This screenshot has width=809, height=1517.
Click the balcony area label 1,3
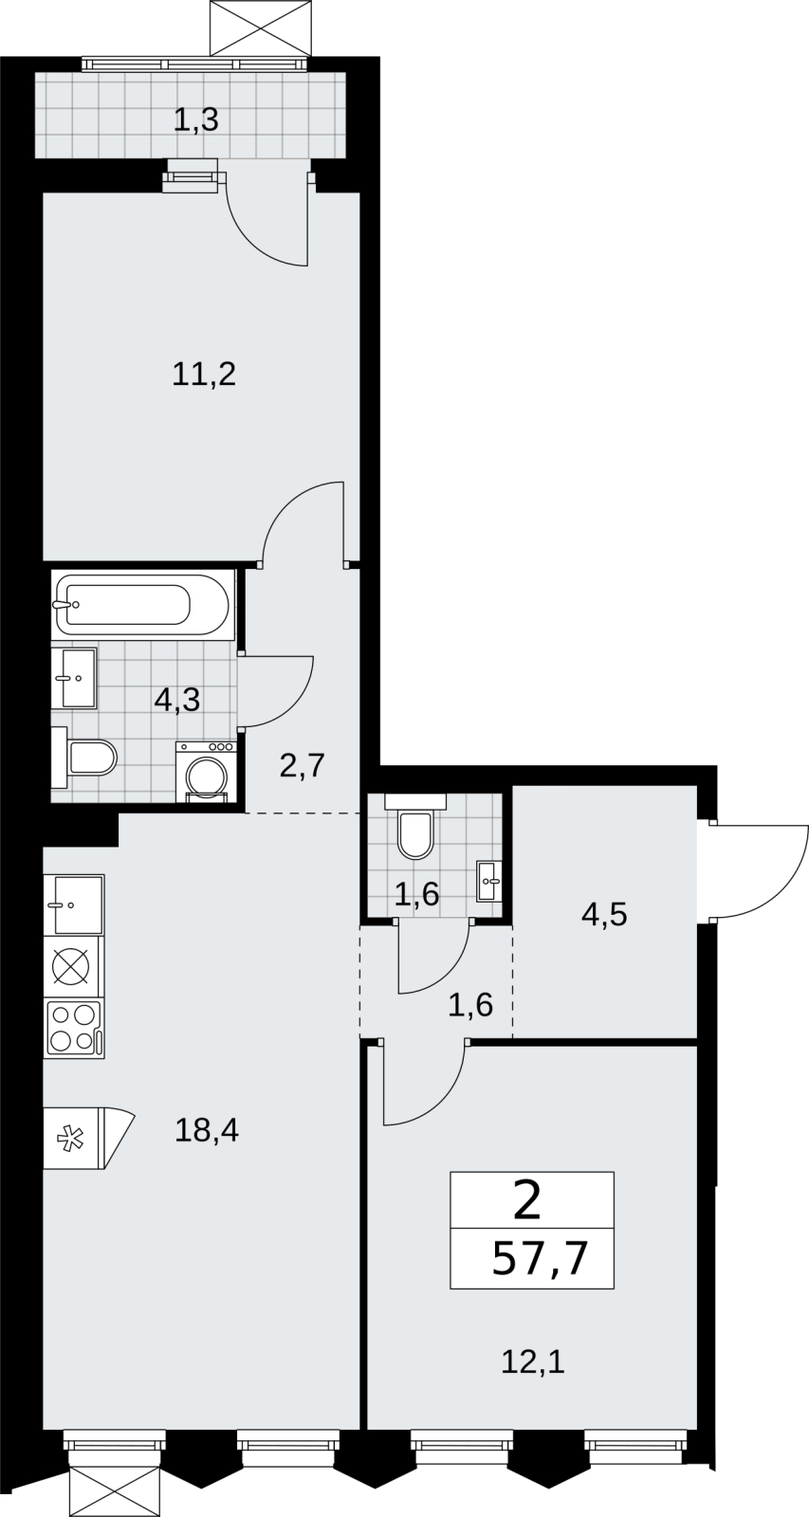click(196, 120)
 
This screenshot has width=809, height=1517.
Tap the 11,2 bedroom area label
click(204, 374)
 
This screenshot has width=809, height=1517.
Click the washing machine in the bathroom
click(206, 772)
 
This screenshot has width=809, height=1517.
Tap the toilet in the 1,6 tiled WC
click(415, 826)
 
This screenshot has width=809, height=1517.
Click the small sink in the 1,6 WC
click(489, 881)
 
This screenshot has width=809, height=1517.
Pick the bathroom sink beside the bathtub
click(74, 677)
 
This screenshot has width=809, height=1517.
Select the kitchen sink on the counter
click(74, 905)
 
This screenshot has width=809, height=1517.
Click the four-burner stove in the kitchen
click(74, 1029)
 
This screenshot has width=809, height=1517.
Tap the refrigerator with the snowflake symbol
click(88, 1138)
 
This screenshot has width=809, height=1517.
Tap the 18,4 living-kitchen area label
click(207, 1130)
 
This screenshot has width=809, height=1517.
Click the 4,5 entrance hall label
click(604, 916)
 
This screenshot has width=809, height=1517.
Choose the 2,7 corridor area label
click(303, 767)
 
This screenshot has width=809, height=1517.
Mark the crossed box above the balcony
click(261, 28)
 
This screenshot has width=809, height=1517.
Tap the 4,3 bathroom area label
click(177, 700)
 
